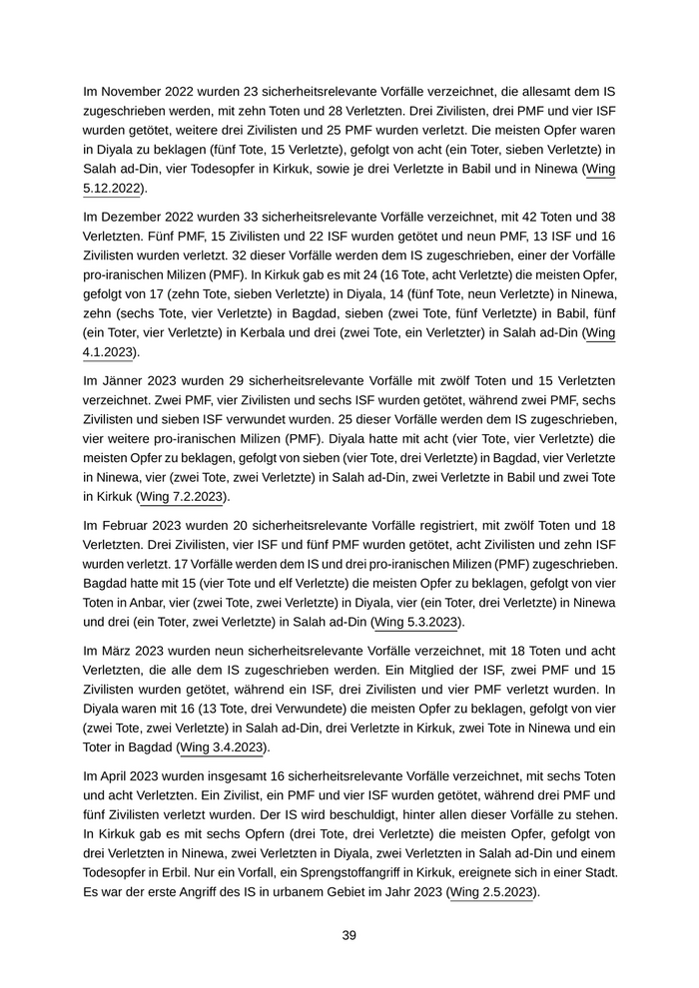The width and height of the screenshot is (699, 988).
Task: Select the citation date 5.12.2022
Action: coord(112,187)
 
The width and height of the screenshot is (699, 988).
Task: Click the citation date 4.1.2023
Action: coord(107,351)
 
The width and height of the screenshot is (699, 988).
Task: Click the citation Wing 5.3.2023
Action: coord(416,622)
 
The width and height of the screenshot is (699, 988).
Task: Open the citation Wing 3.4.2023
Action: coord(224,746)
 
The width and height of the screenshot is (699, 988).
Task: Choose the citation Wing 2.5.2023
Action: coord(493,891)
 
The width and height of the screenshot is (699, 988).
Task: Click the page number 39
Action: coord(349,935)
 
